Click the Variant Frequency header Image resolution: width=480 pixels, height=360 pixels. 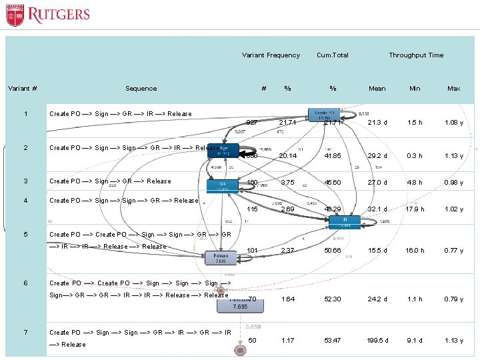coord(271,55)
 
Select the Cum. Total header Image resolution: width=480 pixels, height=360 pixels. coord(333,55)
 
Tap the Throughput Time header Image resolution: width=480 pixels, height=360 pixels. coord(416,55)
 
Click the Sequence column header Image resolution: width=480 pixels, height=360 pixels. coord(141,89)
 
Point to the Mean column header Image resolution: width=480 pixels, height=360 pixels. coord(377,89)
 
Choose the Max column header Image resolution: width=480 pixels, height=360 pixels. coord(454,89)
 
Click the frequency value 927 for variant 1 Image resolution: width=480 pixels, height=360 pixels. coord(252,123)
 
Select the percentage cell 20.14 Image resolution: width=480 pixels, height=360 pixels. coord(287,156)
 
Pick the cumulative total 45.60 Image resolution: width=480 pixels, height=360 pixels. coord(333,181)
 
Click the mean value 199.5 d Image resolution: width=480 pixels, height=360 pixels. coord(377,341)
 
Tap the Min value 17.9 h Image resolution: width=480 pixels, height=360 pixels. coord(415,209)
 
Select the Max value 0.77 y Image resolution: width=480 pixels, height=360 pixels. coord(454,251)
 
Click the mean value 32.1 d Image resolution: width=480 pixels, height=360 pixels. coord(377,209)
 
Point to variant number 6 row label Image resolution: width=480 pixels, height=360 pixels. coord(25,283)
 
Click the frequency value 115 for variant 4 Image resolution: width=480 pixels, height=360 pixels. coord(252,209)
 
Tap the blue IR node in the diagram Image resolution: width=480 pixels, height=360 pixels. coord(345,222)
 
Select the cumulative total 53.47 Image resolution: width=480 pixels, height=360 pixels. coord(333,341)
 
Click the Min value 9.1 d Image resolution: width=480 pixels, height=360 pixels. coord(415,341)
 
